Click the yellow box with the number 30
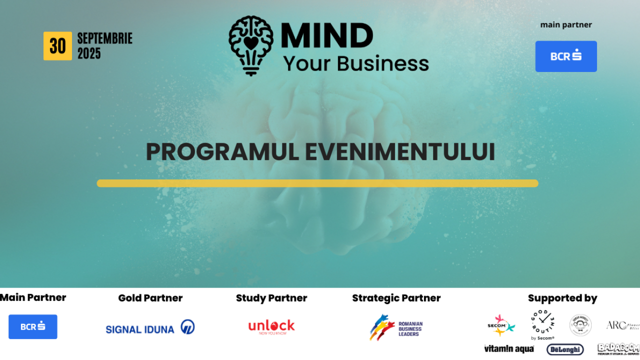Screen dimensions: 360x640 click(57, 46)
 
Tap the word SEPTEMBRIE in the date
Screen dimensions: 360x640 click(105, 38)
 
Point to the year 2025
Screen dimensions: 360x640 click(89, 53)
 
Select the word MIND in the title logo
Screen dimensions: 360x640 click(327, 36)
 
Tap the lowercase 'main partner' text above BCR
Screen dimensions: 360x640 click(566, 25)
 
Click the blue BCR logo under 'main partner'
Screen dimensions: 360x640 click(566, 56)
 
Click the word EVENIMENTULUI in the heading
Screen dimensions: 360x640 click(400, 152)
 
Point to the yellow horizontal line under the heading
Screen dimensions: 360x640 click(317, 183)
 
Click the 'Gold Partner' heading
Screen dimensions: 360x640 click(150, 298)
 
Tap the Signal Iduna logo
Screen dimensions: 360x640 click(150, 328)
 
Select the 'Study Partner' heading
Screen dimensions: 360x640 click(271, 298)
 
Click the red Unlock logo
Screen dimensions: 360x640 click(271, 326)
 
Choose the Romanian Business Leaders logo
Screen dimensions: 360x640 click(396, 327)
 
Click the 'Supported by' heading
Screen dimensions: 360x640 click(562, 298)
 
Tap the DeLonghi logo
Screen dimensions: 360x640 click(565, 349)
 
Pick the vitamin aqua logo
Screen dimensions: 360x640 click(509, 349)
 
